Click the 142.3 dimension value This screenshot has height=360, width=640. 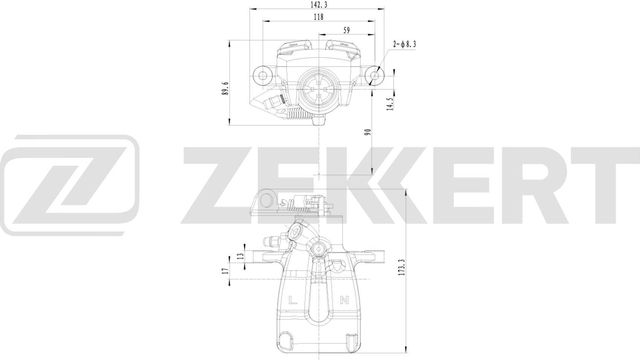(x=319, y=6)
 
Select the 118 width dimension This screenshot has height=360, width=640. (x=319, y=18)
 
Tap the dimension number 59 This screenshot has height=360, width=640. (x=347, y=31)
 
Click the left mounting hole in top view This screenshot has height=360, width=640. (x=262, y=71)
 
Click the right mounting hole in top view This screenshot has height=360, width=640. (x=377, y=71)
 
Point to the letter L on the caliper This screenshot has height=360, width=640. (x=291, y=302)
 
